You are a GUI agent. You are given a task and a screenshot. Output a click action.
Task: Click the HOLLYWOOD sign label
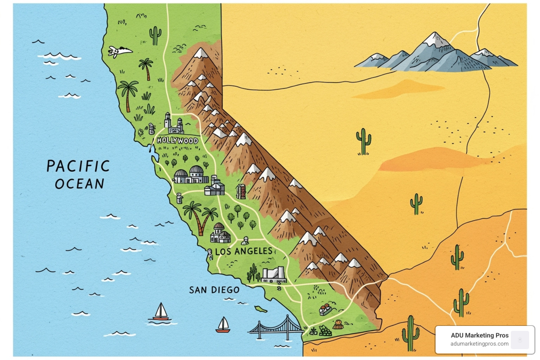(x=178, y=141)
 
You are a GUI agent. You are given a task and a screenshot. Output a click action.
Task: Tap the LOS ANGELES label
(x=244, y=251)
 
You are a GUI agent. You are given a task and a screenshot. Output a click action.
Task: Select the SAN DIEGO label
(x=214, y=290)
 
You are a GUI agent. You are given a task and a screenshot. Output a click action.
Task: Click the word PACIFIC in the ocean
(x=78, y=166)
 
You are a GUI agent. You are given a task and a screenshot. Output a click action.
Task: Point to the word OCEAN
(x=79, y=184)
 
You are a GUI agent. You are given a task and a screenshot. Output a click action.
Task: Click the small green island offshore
(x=261, y=309)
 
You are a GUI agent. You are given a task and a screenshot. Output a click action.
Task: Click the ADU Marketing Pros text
(x=480, y=335)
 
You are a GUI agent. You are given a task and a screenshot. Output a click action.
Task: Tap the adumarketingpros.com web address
(x=480, y=344)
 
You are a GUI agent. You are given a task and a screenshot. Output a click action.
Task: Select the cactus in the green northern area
(x=155, y=36)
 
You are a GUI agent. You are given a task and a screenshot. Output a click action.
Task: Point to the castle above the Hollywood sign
(x=173, y=124)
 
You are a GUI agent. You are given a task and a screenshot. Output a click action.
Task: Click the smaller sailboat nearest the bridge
(x=223, y=325)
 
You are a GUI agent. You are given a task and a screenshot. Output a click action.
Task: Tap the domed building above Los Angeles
(x=220, y=233)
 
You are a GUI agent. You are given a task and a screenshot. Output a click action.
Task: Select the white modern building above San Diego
(x=274, y=275)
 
